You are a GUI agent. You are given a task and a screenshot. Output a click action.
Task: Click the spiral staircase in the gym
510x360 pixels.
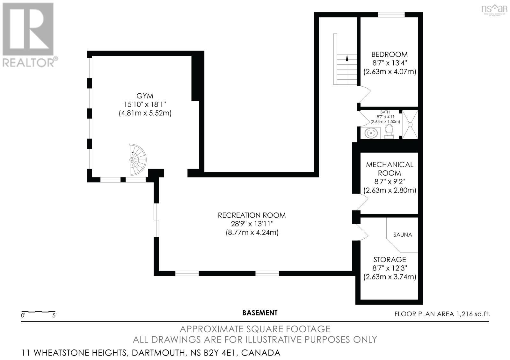click(137, 160)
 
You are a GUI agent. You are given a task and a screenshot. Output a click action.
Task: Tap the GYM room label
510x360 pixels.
click(145, 96)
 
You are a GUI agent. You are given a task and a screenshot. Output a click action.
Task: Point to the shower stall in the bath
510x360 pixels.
click(410, 125)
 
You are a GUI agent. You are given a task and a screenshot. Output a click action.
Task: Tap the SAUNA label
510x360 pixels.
click(403, 234)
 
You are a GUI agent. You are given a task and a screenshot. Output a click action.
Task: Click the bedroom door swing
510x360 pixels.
click(364, 94)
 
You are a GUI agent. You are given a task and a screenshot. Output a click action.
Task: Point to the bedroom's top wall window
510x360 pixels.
click(391, 14)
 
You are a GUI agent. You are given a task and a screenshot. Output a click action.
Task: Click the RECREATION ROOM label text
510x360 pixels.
click(251, 215)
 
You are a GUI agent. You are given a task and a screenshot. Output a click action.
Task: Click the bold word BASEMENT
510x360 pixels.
click(260, 313)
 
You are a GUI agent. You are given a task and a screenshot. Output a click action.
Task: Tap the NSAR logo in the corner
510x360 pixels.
click(494, 9)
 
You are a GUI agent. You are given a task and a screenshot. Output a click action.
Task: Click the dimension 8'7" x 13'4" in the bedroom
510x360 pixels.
click(390, 63)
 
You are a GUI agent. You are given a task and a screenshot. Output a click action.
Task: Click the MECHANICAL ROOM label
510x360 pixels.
click(390, 169)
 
